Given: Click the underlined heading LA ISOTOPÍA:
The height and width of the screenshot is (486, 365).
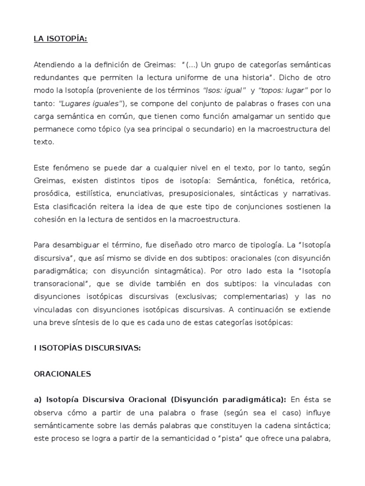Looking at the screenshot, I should coord(61,39).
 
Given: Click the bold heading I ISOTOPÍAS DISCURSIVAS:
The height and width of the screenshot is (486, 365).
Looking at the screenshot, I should coord(87,348).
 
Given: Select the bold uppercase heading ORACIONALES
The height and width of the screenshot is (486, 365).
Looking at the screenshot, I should coord(62,374).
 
